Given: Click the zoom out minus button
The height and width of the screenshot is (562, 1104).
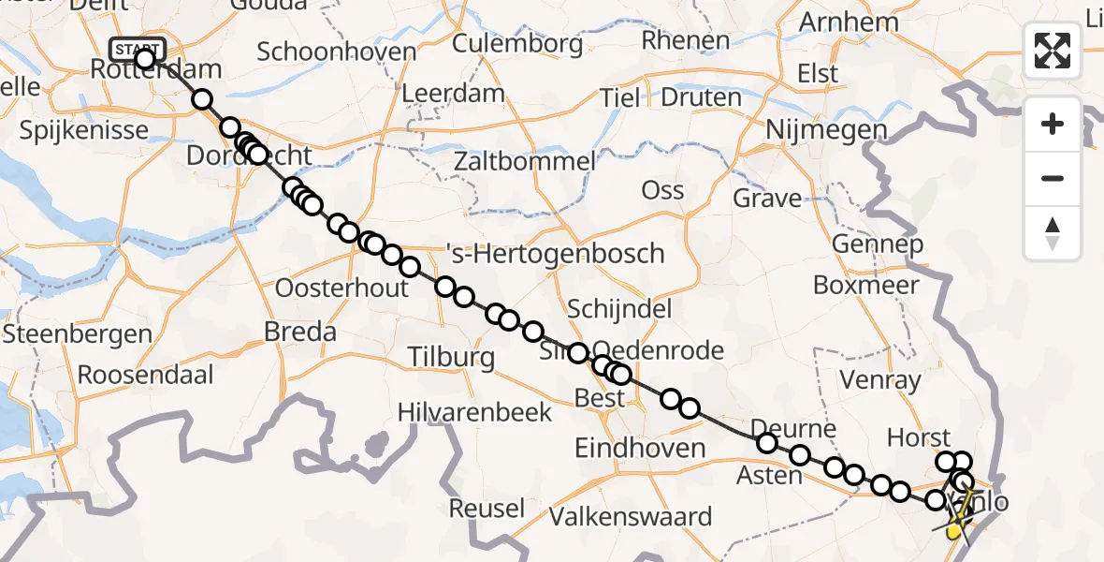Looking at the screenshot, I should coord(1053,178).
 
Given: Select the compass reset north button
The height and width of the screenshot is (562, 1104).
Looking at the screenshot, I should coord(1053,232).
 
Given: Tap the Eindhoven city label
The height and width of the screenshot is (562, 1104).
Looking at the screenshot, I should coord(640,448).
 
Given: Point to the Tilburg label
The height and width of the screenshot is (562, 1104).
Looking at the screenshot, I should coord(451,357).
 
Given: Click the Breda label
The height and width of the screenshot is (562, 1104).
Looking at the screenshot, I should coord(300,332).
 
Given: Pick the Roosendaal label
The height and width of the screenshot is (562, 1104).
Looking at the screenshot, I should coord(145,375).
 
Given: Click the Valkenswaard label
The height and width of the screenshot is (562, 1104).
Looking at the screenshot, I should coord(631,516).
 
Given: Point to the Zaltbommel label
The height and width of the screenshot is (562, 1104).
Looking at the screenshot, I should coord(524,161).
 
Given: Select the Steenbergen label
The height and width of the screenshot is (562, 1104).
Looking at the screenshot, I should coord(78,333).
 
